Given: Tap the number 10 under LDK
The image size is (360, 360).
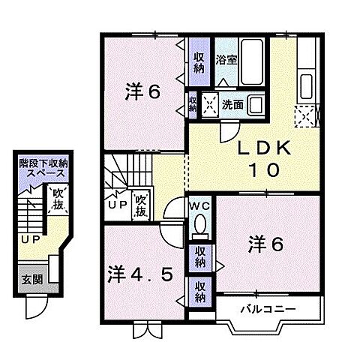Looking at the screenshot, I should coord(263,170).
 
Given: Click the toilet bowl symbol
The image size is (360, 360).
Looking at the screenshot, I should coord(199,224).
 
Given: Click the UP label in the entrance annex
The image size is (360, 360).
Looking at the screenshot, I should coord(30,240).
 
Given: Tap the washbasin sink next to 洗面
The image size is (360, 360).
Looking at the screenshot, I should coord(255,105).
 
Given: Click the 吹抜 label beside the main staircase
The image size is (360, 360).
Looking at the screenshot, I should coord(141,205).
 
